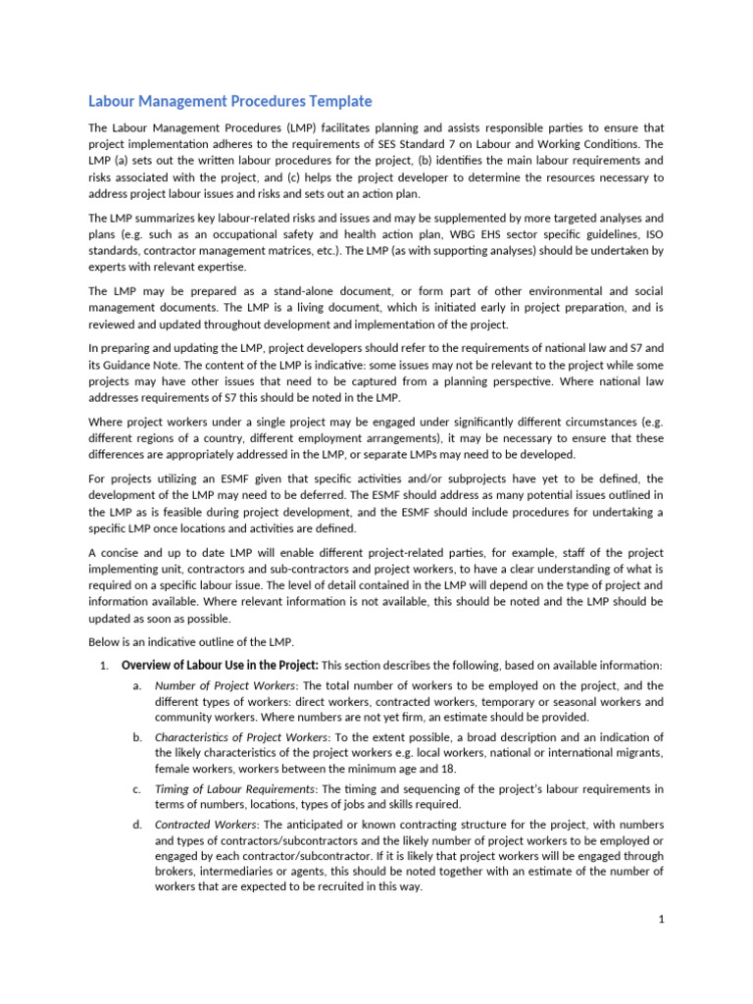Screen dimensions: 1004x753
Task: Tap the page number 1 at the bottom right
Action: pos(662,919)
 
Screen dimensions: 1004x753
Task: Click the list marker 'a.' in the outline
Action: pos(137,686)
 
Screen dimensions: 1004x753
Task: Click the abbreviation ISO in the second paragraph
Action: pos(654,233)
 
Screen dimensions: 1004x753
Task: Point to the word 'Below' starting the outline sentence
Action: pos(105,641)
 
